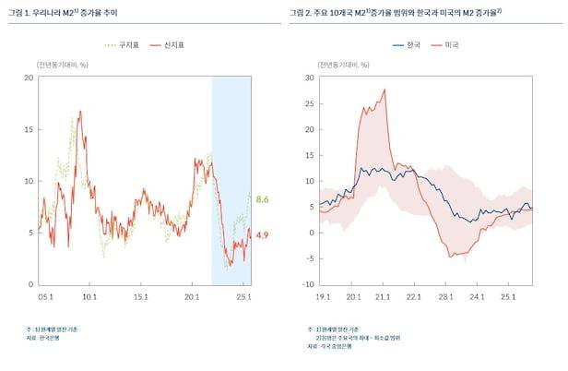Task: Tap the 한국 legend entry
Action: click(412, 44)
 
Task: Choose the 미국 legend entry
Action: click(452, 44)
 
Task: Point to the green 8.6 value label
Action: click(262, 199)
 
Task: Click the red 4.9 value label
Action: click(262, 235)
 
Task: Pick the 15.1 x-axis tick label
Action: click(142, 297)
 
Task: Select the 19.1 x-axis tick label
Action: click(322, 297)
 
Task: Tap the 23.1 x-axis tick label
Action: click(446, 297)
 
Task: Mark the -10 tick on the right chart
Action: click(309, 284)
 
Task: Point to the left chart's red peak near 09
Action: click(79, 113)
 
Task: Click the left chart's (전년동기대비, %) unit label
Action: click(63, 64)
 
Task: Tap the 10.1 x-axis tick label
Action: click(90, 297)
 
